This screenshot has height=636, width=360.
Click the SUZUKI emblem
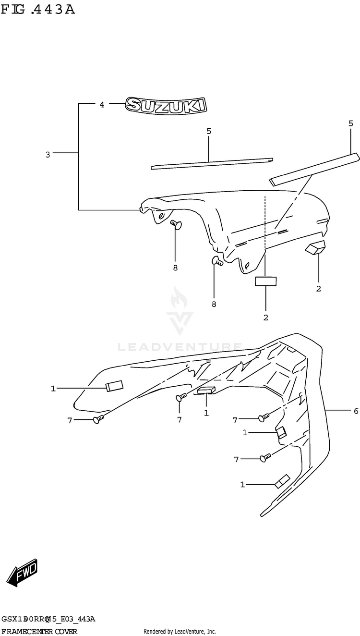[166, 105]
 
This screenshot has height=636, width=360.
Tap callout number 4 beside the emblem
[102, 104]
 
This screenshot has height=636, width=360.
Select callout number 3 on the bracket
[48, 154]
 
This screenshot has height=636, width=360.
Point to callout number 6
[356, 411]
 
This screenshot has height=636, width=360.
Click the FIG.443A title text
[38, 9]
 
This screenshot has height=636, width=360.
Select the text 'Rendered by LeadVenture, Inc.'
[180, 631]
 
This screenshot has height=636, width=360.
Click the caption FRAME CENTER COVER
[39, 631]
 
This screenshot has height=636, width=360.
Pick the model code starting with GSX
[48, 619]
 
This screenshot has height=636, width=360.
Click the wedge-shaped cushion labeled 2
[315, 247]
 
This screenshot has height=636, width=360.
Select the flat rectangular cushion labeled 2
[266, 281]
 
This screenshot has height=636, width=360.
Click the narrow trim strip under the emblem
[211, 163]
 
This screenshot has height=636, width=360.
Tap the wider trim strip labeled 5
[314, 169]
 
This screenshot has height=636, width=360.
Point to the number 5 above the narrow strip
[209, 131]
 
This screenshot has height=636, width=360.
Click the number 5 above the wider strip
[351, 123]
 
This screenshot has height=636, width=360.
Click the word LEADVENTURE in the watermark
[180, 346]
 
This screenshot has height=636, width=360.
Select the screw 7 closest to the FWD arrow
[98, 420]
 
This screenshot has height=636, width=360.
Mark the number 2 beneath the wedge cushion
[318, 289]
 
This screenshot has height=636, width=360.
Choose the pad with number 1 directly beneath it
[206, 390]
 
